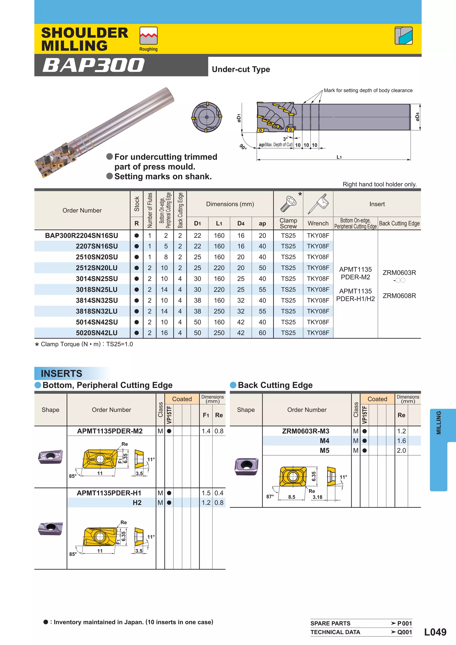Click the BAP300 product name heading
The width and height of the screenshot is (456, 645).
(93, 65)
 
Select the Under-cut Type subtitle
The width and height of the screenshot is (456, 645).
(241, 69)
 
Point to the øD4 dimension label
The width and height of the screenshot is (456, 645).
(417, 117)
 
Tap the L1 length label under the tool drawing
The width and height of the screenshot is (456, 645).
(339, 157)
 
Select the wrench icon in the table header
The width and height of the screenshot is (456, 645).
(318, 204)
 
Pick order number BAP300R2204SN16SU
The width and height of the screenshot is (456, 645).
(81, 235)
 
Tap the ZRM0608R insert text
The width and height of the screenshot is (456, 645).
(399, 296)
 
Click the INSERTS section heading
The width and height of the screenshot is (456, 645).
(61, 373)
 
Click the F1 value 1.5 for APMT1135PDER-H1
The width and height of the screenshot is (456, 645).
(206, 493)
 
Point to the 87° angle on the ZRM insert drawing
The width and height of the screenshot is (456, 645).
(270, 497)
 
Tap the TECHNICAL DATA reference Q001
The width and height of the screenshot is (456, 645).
(404, 632)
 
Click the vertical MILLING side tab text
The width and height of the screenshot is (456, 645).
(438, 423)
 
